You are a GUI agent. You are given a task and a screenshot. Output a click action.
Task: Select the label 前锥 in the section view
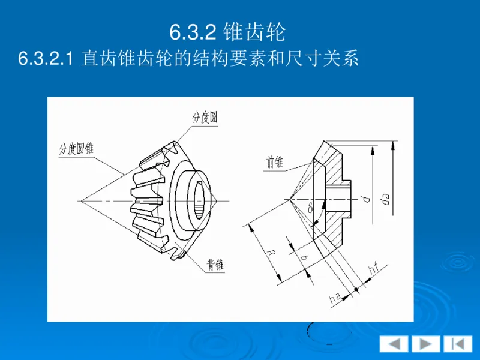275,162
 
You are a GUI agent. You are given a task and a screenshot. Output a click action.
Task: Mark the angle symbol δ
310,208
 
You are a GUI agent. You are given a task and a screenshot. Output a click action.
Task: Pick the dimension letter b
304,257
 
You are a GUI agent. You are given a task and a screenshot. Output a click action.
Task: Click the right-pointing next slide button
425,344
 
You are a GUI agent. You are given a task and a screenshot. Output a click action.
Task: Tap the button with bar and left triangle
457,344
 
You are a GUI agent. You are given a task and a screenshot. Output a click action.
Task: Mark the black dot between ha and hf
355,290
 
